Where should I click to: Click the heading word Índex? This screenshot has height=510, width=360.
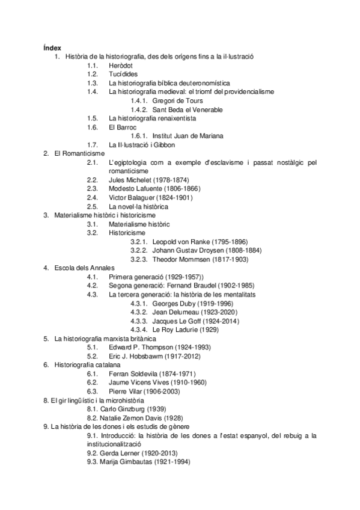tap(52, 48)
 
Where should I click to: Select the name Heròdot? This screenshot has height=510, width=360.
tap(121, 65)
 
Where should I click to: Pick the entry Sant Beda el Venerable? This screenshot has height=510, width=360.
tap(188, 109)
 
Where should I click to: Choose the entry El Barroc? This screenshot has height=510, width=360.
tap(123, 127)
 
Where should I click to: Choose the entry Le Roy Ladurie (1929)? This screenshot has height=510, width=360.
tap(185, 330)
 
